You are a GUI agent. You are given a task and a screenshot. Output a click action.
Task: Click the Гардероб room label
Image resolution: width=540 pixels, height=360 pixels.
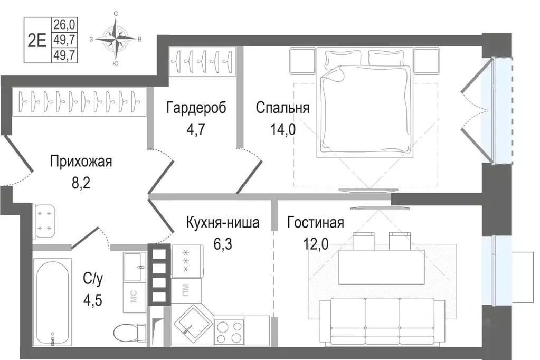[196, 108]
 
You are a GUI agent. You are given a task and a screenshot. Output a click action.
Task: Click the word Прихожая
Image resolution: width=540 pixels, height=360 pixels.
[81, 161]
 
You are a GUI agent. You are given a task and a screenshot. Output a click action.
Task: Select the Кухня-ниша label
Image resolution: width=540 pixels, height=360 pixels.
[222, 223]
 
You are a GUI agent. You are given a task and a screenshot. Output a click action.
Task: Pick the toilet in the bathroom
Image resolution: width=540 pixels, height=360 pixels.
[126, 333]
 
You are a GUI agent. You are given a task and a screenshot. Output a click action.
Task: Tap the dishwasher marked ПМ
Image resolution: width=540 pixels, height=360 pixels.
[186, 291]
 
